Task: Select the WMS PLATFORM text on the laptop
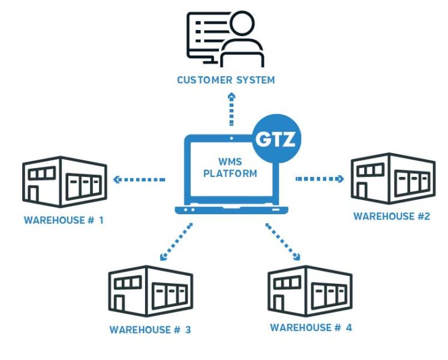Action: [230, 168]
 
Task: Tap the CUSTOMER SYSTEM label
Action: [225, 80]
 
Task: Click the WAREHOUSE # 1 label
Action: [64, 220]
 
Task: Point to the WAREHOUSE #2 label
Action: [391, 216]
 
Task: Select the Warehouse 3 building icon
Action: [151, 292]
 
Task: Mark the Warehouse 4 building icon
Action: [310, 290]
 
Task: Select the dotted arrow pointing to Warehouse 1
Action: [139, 179]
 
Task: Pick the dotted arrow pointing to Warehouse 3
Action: [176, 242]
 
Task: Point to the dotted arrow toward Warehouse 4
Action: [282, 242]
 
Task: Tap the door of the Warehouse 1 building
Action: [34, 196]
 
